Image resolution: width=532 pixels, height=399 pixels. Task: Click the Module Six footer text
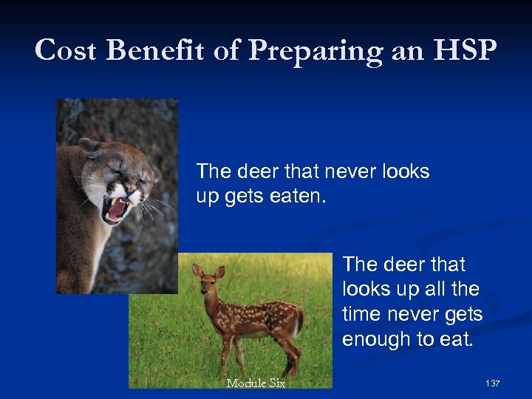tap(256, 383)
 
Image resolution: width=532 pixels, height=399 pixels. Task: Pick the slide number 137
tap(492, 383)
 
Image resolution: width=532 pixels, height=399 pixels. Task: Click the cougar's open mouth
tap(116, 209)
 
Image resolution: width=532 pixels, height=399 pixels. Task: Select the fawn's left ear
tap(197, 270)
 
